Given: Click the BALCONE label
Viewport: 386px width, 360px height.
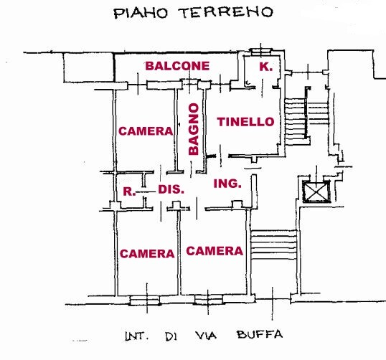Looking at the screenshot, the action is (x=177, y=66).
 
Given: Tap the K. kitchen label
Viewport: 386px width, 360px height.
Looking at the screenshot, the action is (x=266, y=67).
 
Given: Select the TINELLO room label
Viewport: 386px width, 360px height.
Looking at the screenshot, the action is (x=245, y=122).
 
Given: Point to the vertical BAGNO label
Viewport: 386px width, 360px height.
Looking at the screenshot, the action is (x=194, y=129).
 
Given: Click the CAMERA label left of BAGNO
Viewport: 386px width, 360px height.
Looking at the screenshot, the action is (x=146, y=131).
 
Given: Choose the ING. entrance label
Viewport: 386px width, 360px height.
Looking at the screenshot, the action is (x=227, y=184).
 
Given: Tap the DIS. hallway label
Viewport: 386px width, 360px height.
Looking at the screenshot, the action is (x=171, y=189).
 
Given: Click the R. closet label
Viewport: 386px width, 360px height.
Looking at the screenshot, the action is (x=129, y=191).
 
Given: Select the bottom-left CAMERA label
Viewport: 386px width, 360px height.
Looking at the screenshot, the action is (x=147, y=254).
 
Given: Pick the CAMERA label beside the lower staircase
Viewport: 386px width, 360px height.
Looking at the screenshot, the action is (x=215, y=251).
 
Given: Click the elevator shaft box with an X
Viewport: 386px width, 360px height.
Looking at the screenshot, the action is (x=316, y=191).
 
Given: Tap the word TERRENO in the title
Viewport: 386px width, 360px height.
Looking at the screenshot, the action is (x=227, y=12).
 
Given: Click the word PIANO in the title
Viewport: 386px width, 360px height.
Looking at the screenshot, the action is (x=141, y=14).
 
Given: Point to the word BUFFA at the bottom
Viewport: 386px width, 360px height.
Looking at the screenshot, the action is (x=260, y=335).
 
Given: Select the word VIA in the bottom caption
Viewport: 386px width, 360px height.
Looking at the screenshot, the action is (x=206, y=336).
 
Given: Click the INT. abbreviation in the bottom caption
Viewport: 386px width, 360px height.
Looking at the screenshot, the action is (x=136, y=336).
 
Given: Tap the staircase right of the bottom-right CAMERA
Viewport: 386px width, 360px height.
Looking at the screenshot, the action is (x=274, y=245).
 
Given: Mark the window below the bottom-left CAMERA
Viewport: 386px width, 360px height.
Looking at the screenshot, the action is (x=145, y=300).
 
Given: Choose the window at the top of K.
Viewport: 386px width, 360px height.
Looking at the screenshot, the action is (x=261, y=51).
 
